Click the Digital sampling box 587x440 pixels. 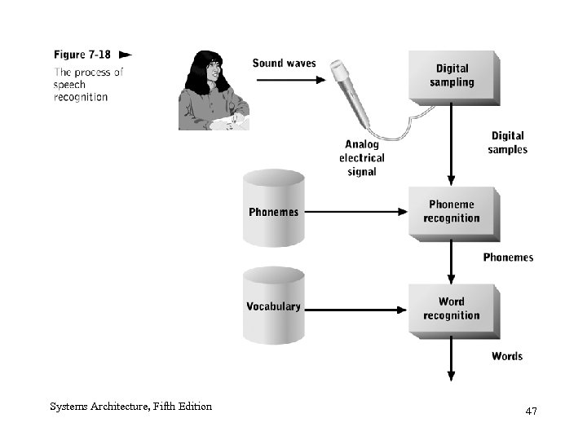pyautogui.click(x=452, y=76)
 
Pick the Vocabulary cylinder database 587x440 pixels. pyautogui.click(x=274, y=307)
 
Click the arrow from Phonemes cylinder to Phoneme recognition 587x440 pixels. pyautogui.click(x=355, y=212)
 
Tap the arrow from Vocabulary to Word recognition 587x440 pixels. pyautogui.click(x=355, y=309)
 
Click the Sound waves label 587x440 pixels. pyautogui.click(x=284, y=63)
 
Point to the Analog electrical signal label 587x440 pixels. pyautogui.click(x=361, y=158)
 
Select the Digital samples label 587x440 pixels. pyautogui.click(x=507, y=143)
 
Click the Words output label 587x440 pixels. pyautogui.click(x=506, y=356)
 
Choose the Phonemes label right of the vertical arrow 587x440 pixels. pyautogui.click(x=507, y=257)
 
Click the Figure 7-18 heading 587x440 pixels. pyautogui.click(x=81, y=55)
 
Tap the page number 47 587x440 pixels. pyautogui.click(x=531, y=411)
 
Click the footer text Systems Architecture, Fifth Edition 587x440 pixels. pyautogui.click(x=130, y=406)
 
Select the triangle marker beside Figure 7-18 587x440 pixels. pyautogui.click(x=125, y=55)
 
